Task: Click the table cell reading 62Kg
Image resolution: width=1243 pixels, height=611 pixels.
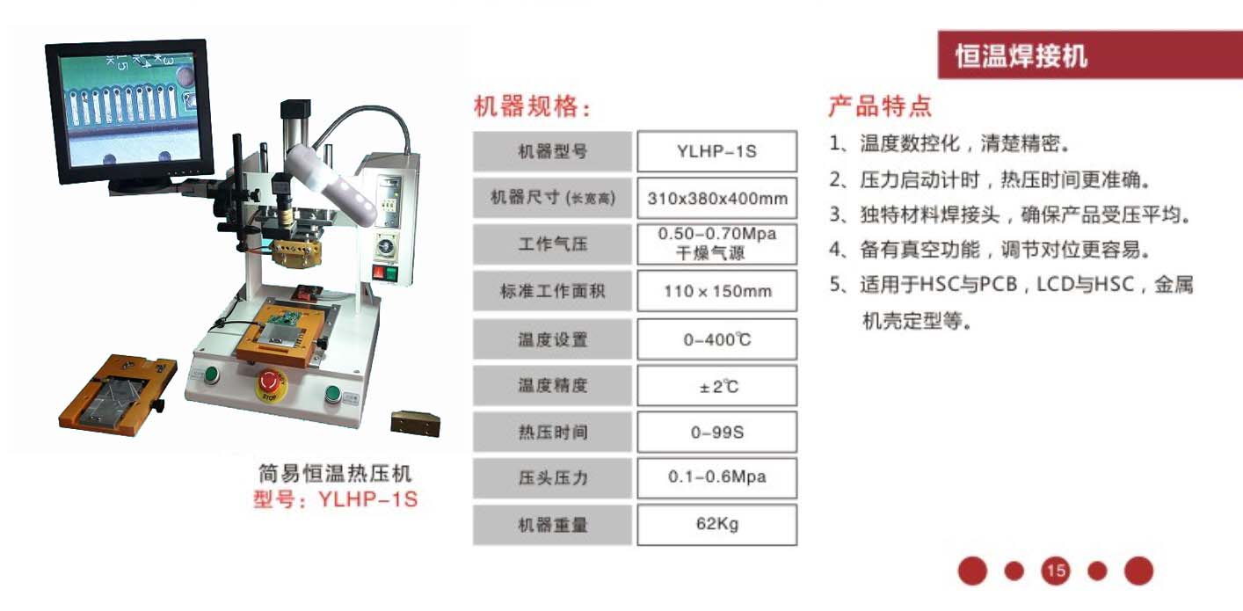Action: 716,525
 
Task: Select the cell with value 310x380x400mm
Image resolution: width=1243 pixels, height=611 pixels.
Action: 716,199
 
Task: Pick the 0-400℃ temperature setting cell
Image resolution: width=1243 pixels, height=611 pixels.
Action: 716,339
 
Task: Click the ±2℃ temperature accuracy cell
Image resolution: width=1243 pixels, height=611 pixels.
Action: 716,386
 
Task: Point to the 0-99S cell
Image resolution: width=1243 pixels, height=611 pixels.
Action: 716,433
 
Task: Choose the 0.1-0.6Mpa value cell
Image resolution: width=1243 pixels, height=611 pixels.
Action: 716,477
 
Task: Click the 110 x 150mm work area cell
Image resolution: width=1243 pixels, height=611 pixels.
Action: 716,291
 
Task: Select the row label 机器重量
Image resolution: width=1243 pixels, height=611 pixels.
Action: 552,525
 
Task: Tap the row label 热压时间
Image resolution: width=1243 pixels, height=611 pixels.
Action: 552,433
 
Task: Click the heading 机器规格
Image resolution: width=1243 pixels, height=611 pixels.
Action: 531,108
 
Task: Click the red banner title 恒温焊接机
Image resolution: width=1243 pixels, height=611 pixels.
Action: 1021,56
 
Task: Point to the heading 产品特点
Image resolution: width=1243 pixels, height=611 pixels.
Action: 879,107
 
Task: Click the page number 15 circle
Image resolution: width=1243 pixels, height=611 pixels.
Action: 1056,571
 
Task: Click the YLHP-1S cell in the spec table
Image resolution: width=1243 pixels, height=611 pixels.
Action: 716,151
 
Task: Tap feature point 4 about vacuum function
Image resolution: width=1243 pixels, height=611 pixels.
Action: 989,250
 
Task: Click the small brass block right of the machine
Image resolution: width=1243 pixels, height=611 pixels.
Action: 415,423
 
